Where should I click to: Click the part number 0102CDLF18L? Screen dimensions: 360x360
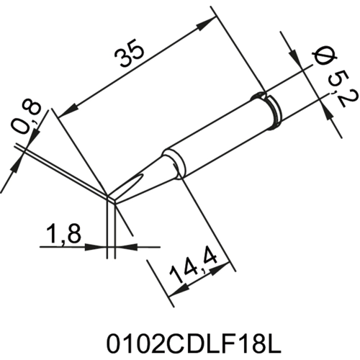click(180, 338)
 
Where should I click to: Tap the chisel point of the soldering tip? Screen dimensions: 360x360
click(111, 196)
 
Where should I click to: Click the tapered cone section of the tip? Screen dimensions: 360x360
click(144, 173)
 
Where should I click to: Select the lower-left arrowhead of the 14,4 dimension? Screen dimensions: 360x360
click(171, 292)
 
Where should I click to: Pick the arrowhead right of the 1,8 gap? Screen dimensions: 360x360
click(122, 247)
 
